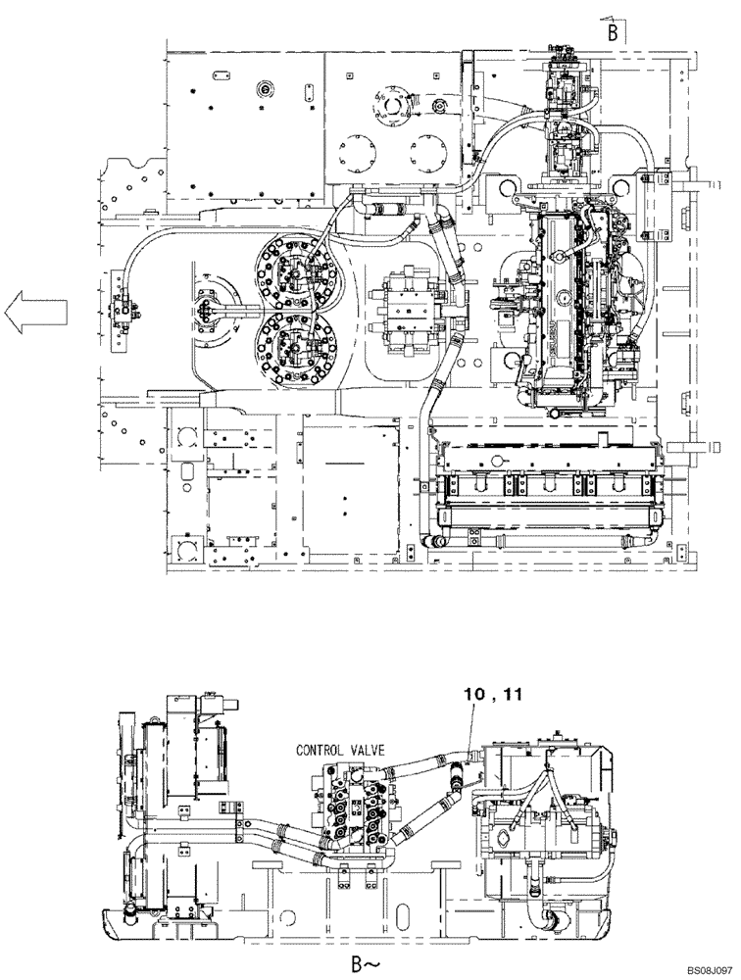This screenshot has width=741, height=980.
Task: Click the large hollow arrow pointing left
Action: pyautogui.click(x=34, y=313)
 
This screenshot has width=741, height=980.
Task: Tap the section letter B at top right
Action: pyautogui.click(x=612, y=32)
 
